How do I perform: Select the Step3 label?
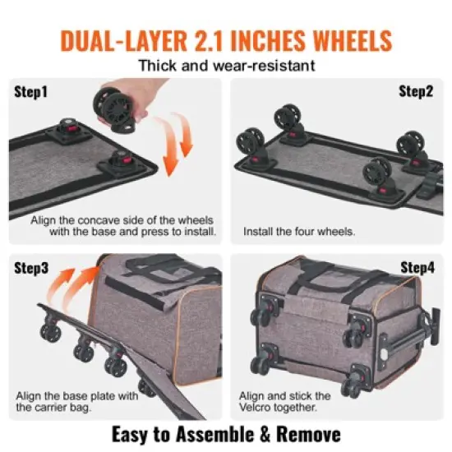click(31, 268)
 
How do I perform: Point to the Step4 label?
click(416, 268)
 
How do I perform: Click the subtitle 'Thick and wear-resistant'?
click(225, 67)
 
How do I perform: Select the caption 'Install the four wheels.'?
click(299, 233)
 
